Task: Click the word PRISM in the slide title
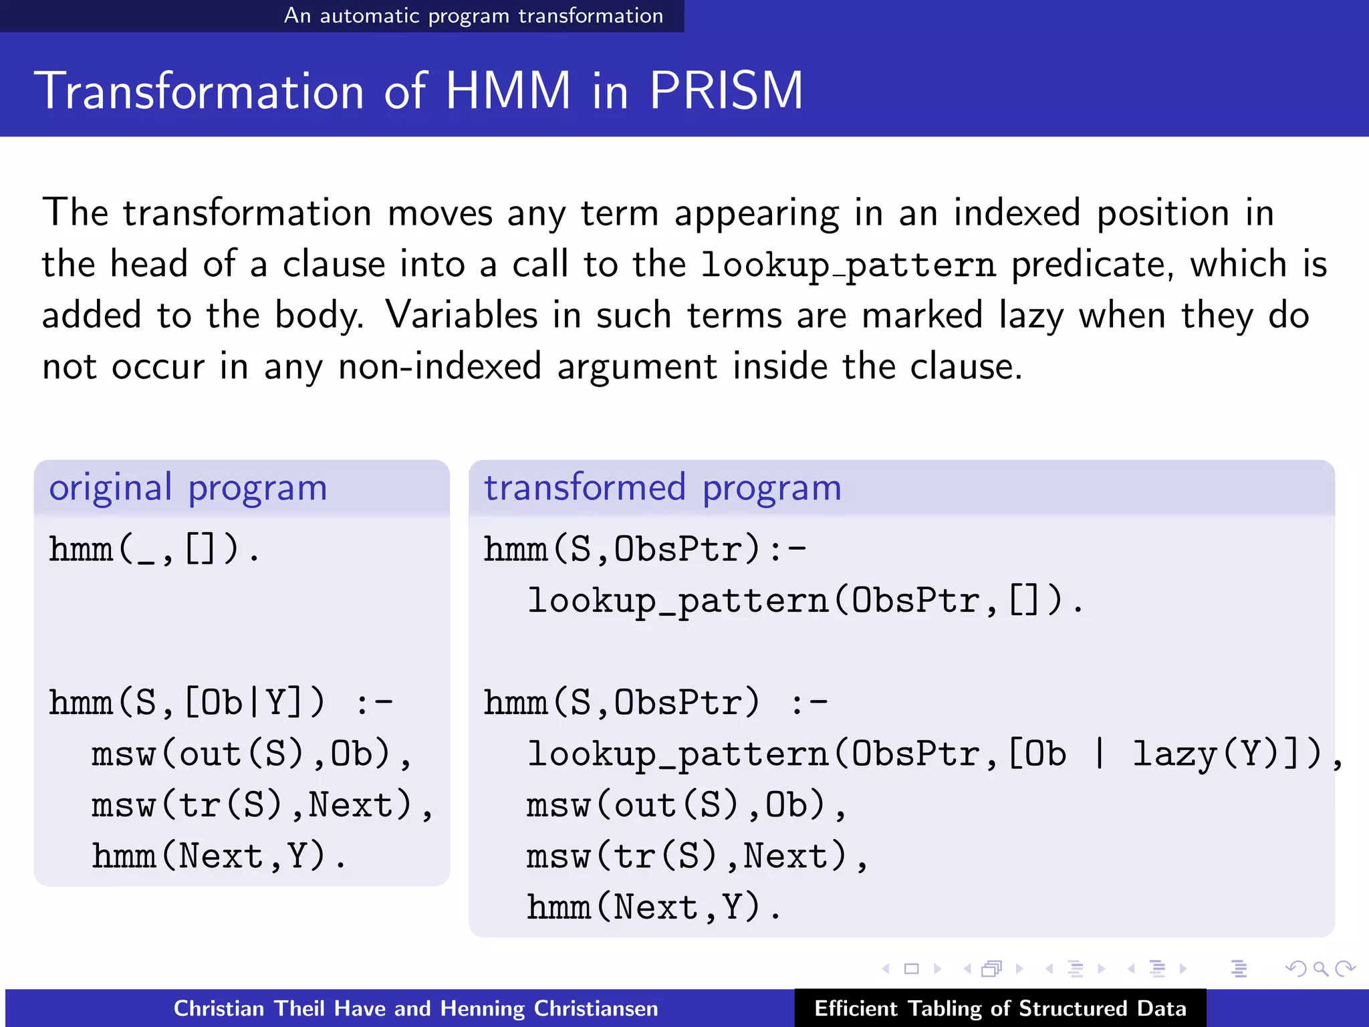[x=726, y=91]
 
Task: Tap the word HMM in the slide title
[x=508, y=91]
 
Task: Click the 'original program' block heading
[x=188, y=487]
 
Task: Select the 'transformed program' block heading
[x=662, y=487]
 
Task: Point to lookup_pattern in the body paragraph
[x=848, y=265]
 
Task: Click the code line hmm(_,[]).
[x=154, y=550]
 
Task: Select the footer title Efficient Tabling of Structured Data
[x=1000, y=1008]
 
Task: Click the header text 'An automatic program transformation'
[x=473, y=15]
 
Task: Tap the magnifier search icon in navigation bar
[x=1320, y=968]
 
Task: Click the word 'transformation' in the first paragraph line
[x=247, y=213]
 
